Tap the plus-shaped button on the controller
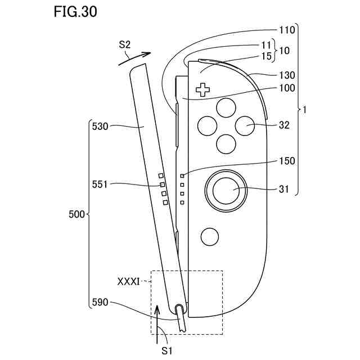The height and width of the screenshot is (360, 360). (202, 89)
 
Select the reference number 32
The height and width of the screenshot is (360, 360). (284, 125)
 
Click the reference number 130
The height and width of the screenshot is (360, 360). (287, 75)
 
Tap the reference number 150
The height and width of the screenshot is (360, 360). (287, 161)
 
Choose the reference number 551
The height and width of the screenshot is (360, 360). (102, 184)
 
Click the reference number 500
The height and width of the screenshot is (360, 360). (76, 214)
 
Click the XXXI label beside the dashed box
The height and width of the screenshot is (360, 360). (128, 280)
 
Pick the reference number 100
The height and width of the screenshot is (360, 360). (287, 88)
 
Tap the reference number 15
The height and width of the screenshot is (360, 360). (267, 56)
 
